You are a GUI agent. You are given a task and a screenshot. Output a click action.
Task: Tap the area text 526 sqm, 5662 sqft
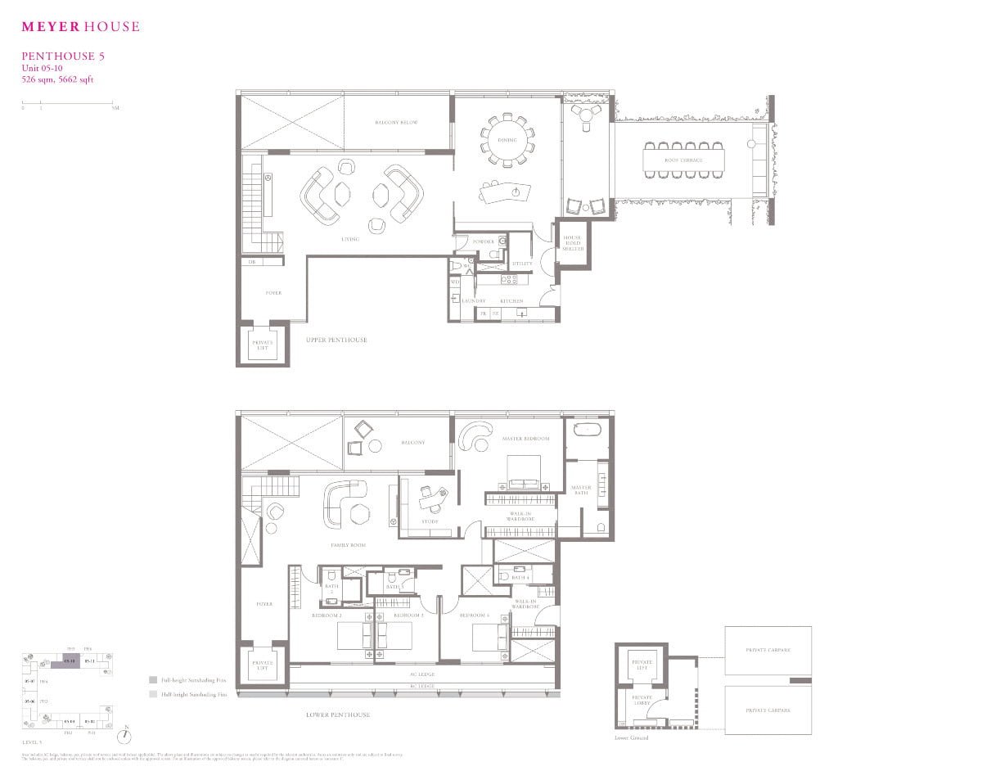pos(58,79)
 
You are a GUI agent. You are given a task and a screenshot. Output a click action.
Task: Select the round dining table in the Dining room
pos(507,141)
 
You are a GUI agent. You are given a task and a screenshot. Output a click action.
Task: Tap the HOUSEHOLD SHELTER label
pos(572,243)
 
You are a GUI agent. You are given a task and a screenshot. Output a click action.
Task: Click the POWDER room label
pos(484,241)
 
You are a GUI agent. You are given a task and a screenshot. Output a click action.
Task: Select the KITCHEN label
pos(511,301)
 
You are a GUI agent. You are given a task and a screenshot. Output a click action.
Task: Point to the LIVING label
pos(351,240)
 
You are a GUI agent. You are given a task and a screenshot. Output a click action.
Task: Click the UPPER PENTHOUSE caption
pos(336,340)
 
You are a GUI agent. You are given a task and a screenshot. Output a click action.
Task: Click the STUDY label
pos(430,521)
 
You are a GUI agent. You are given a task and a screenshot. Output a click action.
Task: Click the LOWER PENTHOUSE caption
pos(338,715)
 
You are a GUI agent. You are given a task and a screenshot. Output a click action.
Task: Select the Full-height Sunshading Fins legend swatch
pos(153,680)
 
